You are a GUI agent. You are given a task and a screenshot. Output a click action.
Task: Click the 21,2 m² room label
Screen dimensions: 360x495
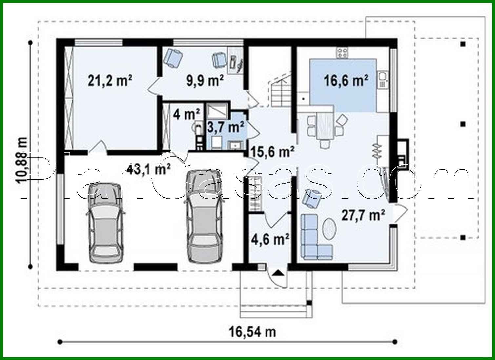tap(110, 80)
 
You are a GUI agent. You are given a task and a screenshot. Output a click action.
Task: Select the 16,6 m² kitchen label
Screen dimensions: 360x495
tap(346, 80)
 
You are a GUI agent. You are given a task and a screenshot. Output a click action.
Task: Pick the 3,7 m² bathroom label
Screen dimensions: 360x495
tap(226, 127)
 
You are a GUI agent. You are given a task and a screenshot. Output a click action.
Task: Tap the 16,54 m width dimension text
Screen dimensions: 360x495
tap(252, 332)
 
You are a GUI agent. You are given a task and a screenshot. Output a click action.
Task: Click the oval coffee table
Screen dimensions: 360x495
tap(329, 228)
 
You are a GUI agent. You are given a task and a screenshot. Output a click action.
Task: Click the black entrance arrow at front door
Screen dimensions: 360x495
tap(278, 272)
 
